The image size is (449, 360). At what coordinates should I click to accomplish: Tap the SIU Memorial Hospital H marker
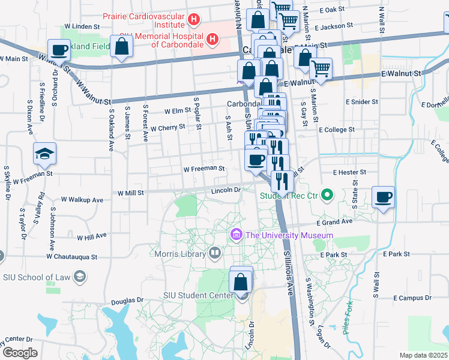(x=212, y=40)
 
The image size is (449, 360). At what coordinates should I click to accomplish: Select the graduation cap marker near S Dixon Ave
(x=44, y=155)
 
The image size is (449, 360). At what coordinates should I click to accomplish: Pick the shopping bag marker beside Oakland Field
(x=121, y=47)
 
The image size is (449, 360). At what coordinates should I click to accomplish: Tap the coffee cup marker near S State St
(x=383, y=197)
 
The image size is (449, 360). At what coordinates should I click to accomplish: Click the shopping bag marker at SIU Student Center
(x=241, y=281)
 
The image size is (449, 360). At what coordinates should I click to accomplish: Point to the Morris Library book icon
(x=214, y=253)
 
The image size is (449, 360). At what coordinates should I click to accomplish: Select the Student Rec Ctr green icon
(x=327, y=195)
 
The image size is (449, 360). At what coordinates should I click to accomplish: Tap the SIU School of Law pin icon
(x=81, y=276)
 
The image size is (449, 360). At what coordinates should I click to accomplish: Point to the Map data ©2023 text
(x=423, y=355)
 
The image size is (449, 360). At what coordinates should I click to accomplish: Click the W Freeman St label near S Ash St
(x=204, y=169)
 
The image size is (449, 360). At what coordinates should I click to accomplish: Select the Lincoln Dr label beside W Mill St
(x=225, y=190)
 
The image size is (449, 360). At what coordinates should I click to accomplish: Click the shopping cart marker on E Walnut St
(x=321, y=70)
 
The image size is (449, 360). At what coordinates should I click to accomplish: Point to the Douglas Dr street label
(x=128, y=300)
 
